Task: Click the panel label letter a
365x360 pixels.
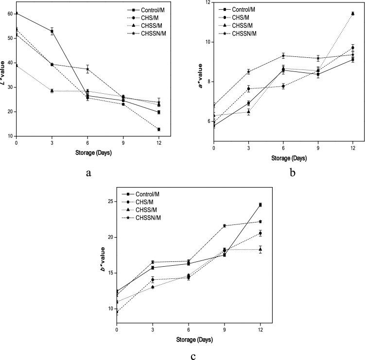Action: [x=88, y=171]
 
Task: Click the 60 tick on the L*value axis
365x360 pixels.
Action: [x=11, y=14]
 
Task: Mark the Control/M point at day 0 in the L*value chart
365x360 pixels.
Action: [x=17, y=13]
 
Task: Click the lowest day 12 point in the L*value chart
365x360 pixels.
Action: [x=158, y=129]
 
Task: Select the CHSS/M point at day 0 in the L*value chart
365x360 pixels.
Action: [x=17, y=66]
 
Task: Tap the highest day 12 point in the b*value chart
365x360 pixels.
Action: [x=261, y=205]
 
